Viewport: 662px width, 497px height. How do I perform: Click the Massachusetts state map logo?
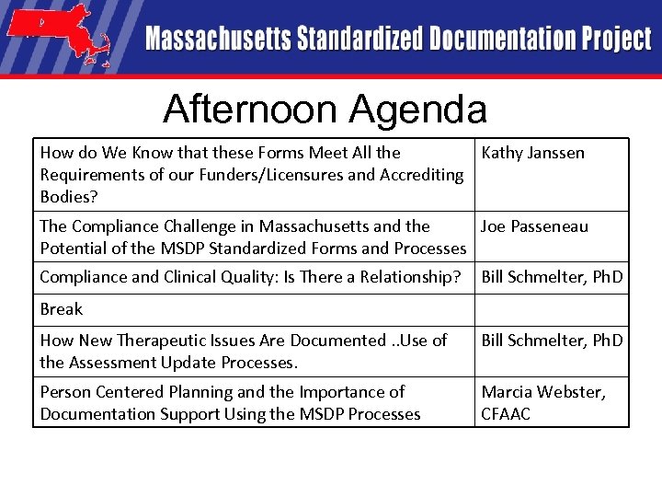click(58, 38)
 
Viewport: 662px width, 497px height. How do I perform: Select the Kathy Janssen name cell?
click(532, 153)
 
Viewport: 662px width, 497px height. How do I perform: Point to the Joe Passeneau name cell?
click(534, 226)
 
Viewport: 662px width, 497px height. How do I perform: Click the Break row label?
click(62, 309)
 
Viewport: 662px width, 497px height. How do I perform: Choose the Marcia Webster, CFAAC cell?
click(543, 403)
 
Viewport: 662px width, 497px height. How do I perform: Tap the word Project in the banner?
click(616, 40)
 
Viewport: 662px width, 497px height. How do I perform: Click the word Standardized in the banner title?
click(359, 40)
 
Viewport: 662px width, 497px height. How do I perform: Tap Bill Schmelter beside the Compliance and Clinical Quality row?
click(552, 277)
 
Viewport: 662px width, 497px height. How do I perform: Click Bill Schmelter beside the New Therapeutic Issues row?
click(552, 341)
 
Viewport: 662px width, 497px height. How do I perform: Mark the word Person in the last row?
click(64, 393)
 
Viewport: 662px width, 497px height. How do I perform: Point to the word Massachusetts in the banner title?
click(217, 40)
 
